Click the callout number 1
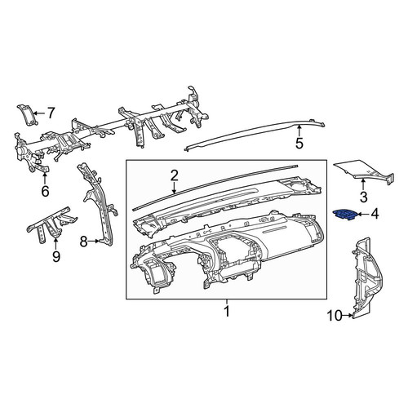[x=227, y=312]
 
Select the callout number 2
[x=175, y=175]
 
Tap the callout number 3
[x=363, y=197]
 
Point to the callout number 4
[x=375, y=215]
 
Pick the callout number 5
[x=299, y=143]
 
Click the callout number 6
[x=45, y=191]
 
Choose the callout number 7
[x=51, y=113]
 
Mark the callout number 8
[x=83, y=242]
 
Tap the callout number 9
[x=56, y=256]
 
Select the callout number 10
[x=335, y=316]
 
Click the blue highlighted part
[x=344, y=214]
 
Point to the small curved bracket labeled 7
[x=28, y=115]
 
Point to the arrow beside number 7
[x=39, y=113]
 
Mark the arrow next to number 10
[x=348, y=316]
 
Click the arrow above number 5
[x=299, y=131]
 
